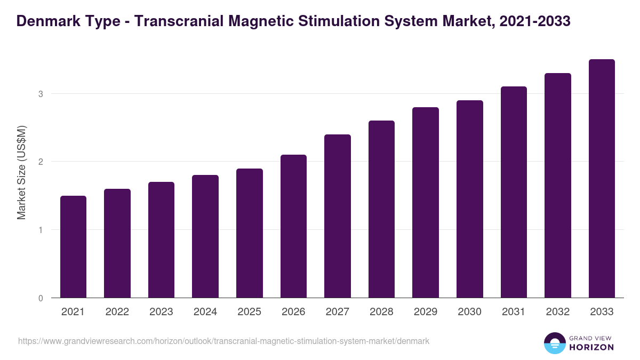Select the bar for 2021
[73, 247]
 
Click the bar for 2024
[205, 236]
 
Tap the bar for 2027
[338, 216]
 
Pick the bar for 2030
[470, 199]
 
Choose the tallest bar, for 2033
[602, 179]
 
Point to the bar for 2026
[293, 226]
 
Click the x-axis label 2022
[117, 312]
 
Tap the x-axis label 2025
[249, 312]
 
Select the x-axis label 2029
[426, 312]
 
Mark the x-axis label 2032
[558, 312]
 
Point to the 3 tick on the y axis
[40, 94]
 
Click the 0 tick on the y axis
[40, 298]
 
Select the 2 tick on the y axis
[40, 162]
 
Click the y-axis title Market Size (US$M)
[22, 172]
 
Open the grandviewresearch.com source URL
[223, 341]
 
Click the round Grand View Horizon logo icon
[554, 343]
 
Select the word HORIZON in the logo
[591, 347]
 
